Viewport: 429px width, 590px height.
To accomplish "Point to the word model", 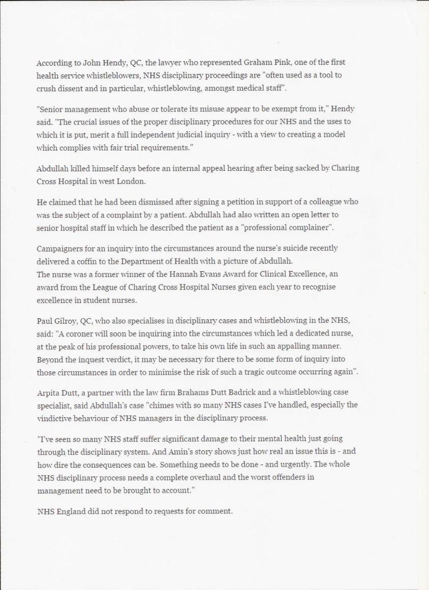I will pos(334,135).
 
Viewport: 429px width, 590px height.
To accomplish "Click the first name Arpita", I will pos(48,393).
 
